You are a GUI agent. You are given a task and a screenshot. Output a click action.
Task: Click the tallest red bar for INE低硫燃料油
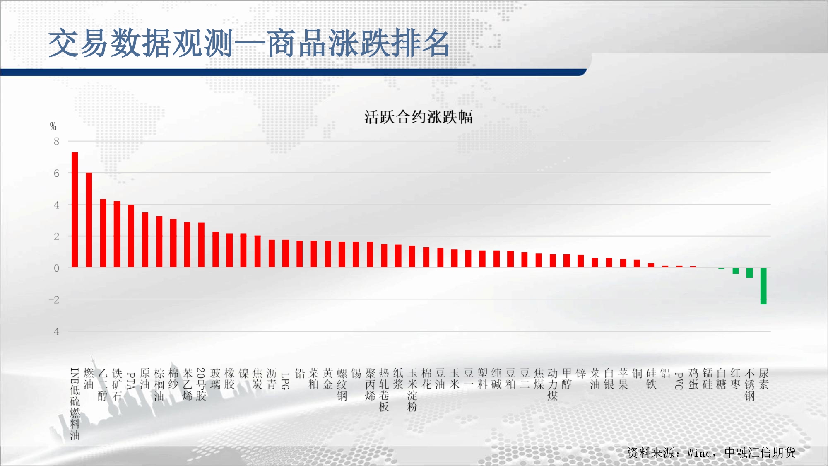[75, 210]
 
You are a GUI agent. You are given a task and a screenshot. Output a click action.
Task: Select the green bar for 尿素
[763, 286]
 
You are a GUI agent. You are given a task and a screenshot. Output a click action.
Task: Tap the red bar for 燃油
[89, 220]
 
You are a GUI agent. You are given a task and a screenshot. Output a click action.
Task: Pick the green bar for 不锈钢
[749, 273]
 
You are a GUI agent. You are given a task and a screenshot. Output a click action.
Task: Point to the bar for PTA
[131, 236]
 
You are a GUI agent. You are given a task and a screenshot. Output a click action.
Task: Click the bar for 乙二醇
[103, 233]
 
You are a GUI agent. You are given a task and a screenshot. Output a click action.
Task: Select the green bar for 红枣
[735, 271]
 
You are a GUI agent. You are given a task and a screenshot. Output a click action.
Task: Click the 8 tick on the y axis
[57, 141]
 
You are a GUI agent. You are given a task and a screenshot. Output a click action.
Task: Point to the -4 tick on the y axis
[54, 331]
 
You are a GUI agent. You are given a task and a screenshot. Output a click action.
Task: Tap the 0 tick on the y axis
[57, 268]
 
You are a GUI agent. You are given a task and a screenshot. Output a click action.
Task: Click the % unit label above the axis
[53, 126]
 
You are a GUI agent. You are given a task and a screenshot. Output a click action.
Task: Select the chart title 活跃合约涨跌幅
[419, 117]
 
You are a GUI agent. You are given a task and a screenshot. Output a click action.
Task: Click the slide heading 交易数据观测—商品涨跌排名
[249, 43]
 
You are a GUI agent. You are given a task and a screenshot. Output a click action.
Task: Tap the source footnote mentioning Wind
[711, 453]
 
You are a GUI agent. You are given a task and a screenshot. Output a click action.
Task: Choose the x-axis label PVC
[679, 381]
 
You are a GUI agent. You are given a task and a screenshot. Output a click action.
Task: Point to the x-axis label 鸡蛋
[693, 379]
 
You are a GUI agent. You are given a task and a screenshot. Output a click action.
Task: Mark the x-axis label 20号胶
[201, 384]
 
